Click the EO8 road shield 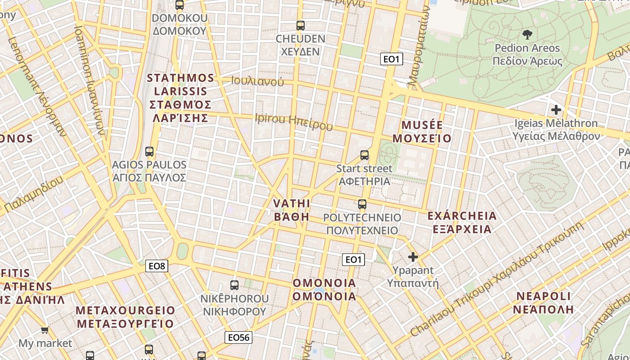pos(157,266)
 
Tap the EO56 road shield pos(238,337)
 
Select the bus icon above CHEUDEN pos(300,26)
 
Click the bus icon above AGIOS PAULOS pos(149,152)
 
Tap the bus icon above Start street pos(364,155)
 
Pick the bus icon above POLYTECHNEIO pos(362,205)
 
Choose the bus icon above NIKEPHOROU pos(234,285)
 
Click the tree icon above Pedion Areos pos(527,34)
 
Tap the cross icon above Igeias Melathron pos(556,109)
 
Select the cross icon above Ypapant pos(413,257)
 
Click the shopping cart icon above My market pos(45,331)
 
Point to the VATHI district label pos(292,210)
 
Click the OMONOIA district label pos(324,289)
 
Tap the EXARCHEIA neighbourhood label pos(462,222)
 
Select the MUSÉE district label pos(422,131)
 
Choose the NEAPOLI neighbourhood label pos(543,302)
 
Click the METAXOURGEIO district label pos(125,317)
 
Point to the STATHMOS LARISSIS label pos(180,98)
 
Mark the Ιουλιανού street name pos(257,81)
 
